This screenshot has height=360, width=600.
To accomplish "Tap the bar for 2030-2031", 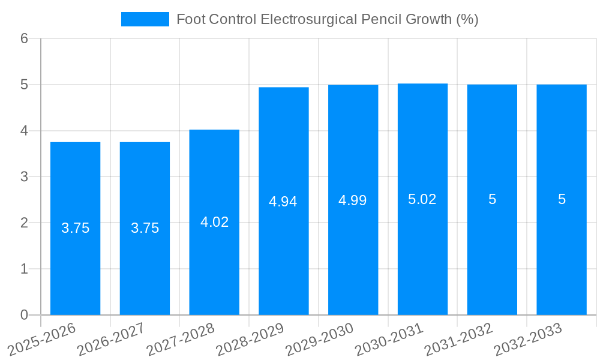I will point(422,258).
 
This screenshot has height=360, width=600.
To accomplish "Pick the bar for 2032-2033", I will point(562,258).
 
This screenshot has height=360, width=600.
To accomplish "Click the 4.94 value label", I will point(283,202).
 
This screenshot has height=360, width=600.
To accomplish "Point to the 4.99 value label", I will point(353,200).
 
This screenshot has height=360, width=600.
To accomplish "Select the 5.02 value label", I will point(422,199).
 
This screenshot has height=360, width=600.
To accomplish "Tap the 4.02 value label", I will point(214,222).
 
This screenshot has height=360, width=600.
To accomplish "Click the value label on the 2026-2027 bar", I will point(145,228).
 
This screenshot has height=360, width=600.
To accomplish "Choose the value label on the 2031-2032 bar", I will point(492,199).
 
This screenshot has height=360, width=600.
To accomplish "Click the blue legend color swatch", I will point(145,19).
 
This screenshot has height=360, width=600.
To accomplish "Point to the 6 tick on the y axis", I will point(24,38).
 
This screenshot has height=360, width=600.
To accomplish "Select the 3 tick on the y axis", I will point(24,177).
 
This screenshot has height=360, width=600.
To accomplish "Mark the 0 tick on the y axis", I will point(24,315).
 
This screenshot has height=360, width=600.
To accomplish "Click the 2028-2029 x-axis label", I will point(250,339).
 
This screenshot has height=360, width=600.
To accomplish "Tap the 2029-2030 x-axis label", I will point(320,339).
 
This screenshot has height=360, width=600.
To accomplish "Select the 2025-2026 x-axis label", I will point(42,339).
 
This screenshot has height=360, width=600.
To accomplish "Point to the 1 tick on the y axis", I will point(24,269).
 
